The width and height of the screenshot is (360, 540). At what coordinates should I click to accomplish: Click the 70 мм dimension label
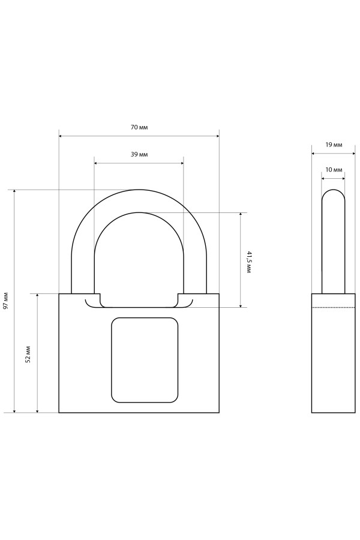click(x=139, y=127)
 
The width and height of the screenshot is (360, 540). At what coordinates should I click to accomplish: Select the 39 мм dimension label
click(x=139, y=155)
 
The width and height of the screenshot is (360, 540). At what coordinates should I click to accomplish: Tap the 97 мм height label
click(x=6, y=301)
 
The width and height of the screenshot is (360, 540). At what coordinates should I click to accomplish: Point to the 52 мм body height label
click(x=28, y=355)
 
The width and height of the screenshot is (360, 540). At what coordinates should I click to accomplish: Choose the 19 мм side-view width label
click(x=334, y=145)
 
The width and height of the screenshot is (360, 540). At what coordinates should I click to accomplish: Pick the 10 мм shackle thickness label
click(x=334, y=170)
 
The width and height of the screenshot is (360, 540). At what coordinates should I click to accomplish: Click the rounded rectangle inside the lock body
click(x=145, y=360)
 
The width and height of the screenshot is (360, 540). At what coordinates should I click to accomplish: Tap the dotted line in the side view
click(x=333, y=307)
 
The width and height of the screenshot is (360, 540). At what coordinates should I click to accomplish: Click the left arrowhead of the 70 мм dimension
click(x=60, y=136)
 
